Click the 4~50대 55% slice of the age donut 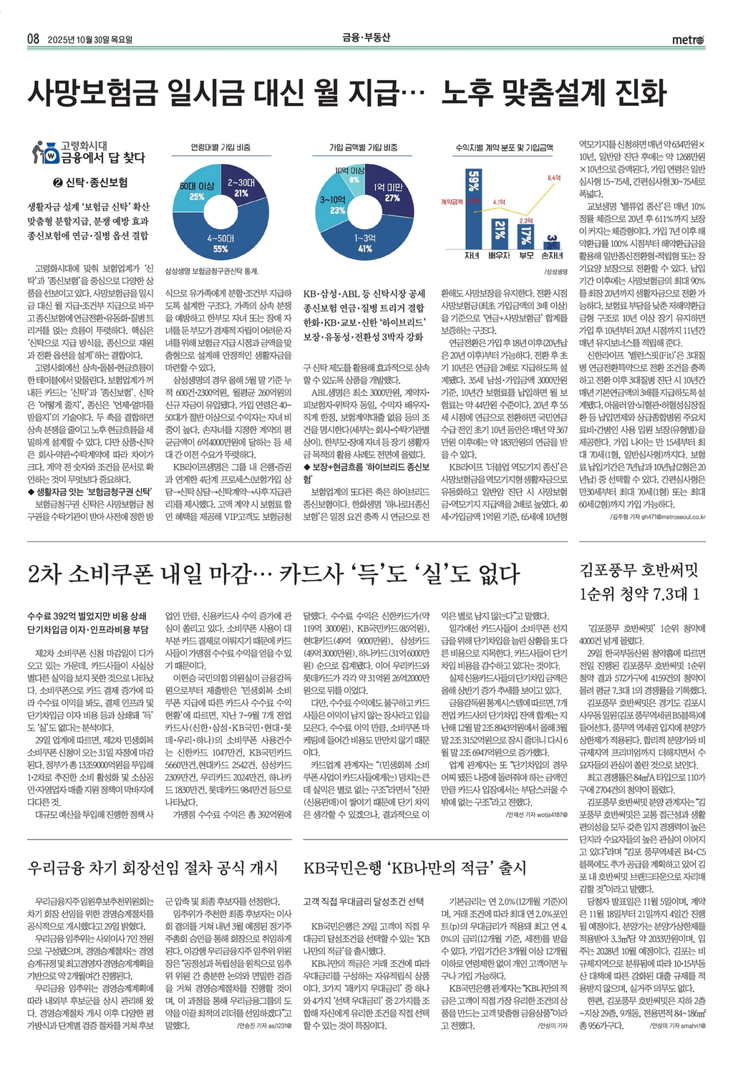220,240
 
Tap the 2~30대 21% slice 242,188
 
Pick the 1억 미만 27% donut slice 390,193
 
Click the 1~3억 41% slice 364,242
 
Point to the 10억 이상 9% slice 352,175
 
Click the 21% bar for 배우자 499,231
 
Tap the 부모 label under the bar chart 525,256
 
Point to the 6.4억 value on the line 553,177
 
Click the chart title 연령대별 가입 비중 220,147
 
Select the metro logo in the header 688,39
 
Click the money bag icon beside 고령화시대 44,152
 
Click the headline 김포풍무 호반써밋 638,570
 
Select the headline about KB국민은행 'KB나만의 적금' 414,868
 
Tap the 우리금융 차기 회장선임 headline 152,868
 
